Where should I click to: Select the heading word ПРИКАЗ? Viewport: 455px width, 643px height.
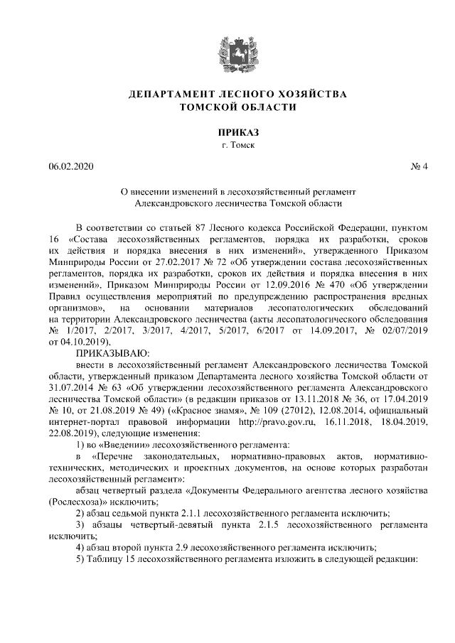227,132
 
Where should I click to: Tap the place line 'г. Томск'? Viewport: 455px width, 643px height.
227,146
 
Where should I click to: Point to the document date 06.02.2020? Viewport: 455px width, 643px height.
70,168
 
